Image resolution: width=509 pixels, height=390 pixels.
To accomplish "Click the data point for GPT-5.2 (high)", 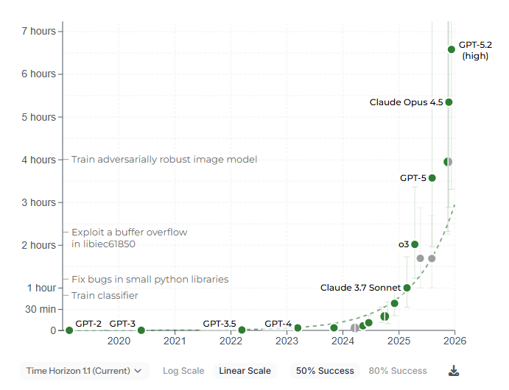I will pyautogui.click(x=452, y=49).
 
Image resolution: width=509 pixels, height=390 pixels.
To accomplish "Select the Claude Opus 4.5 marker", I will pyautogui.click(x=449, y=102).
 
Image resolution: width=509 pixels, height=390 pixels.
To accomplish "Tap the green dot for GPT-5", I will pyautogui.click(x=432, y=178).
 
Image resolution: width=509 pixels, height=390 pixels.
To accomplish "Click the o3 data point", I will pyautogui.click(x=415, y=244).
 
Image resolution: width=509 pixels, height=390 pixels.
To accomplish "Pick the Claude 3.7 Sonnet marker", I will pyautogui.click(x=407, y=288).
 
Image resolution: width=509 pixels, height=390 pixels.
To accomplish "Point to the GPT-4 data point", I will pyautogui.click(x=298, y=328).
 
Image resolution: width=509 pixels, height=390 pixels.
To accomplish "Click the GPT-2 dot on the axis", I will pyautogui.click(x=69, y=330).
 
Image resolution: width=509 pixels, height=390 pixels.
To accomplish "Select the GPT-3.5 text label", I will pyautogui.click(x=219, y=323).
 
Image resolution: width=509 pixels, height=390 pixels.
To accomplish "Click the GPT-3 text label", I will pyautogui.click(x=122, y=323).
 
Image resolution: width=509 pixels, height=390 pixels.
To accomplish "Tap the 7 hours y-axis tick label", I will pyautogui.click(x=38, y=31).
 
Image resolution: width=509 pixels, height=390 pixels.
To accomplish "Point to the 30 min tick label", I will pyautogui.click(x=41, y=309).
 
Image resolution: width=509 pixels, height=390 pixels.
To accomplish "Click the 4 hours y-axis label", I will pyautogui.click(x=38, y=160).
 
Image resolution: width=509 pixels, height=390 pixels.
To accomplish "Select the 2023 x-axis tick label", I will pyautogui.click(x=287, y=341).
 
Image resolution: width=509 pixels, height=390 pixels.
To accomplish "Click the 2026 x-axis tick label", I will pyautogui.click(x=454, y=341).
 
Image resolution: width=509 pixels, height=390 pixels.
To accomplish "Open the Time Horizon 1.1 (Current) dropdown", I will pyautogui.click(x=85, y=371).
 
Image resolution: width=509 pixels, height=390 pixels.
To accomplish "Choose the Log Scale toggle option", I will pyautogui.click(x=183, y=371).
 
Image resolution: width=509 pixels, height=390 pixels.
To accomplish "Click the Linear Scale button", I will pyautogui.click(x=245, y=371).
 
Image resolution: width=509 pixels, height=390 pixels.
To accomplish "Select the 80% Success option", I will pyautogui.click(x=398, y=371).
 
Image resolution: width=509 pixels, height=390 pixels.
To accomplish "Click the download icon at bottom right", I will pyautogui.click(x=454, y=371).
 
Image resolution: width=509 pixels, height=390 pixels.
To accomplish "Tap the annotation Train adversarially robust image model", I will pyautogui.click(x=164, y=160).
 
